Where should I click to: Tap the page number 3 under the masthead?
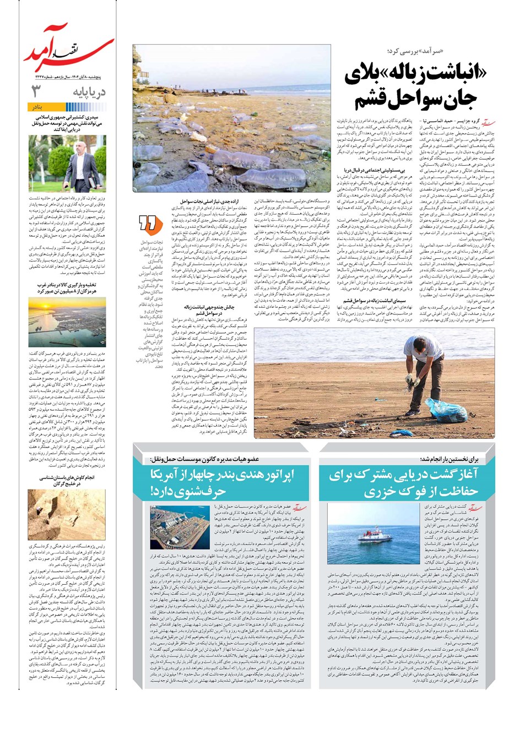pyautogui.click(x=37, y=91)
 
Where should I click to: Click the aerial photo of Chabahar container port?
pyautogui.click(x=172, y=526)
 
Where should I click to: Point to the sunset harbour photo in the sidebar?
pyautogui.click(x=67, y=322)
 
